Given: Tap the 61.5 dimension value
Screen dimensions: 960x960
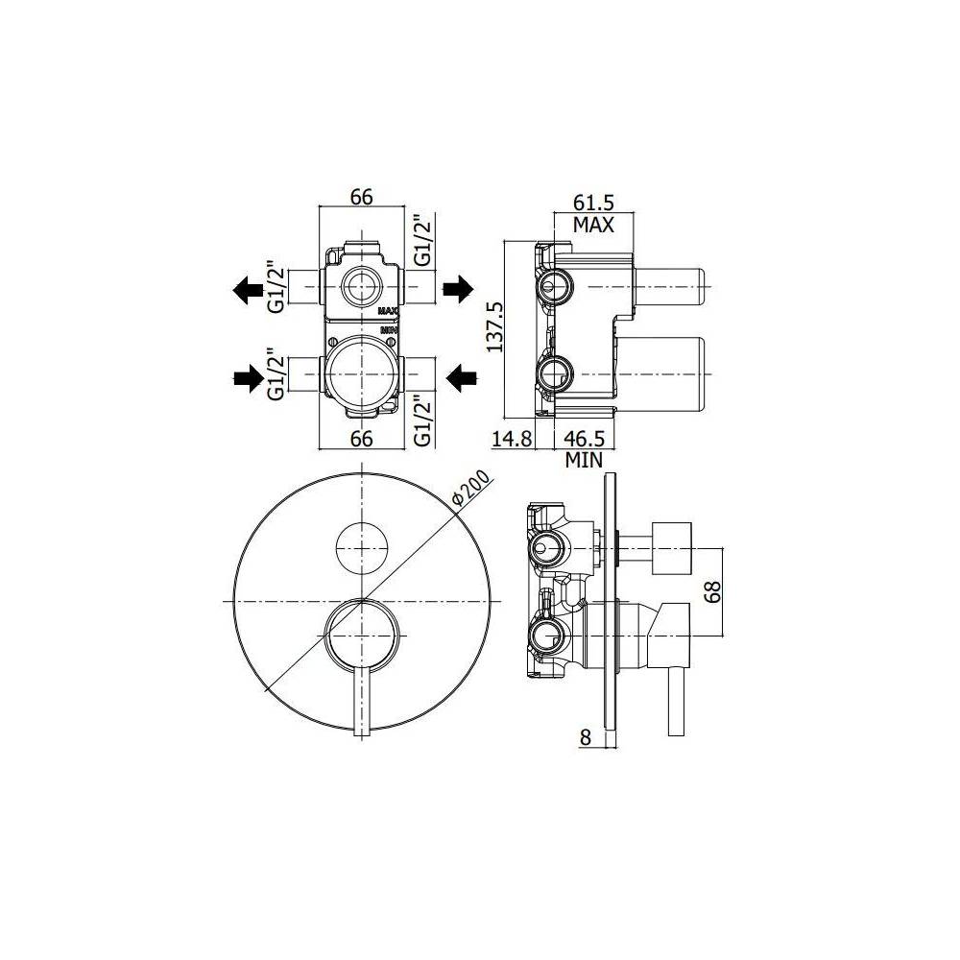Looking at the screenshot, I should [x=593, y=203].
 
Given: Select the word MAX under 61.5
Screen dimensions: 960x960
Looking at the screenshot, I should [x=593, y=225].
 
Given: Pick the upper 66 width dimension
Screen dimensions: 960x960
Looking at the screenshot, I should [x=360, y=198].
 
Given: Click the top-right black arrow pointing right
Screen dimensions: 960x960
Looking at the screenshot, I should [x=457, y=286].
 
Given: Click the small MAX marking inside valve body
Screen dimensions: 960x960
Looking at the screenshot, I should [x=387, y=311].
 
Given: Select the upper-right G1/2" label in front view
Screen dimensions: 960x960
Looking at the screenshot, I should [x=422, y=242].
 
